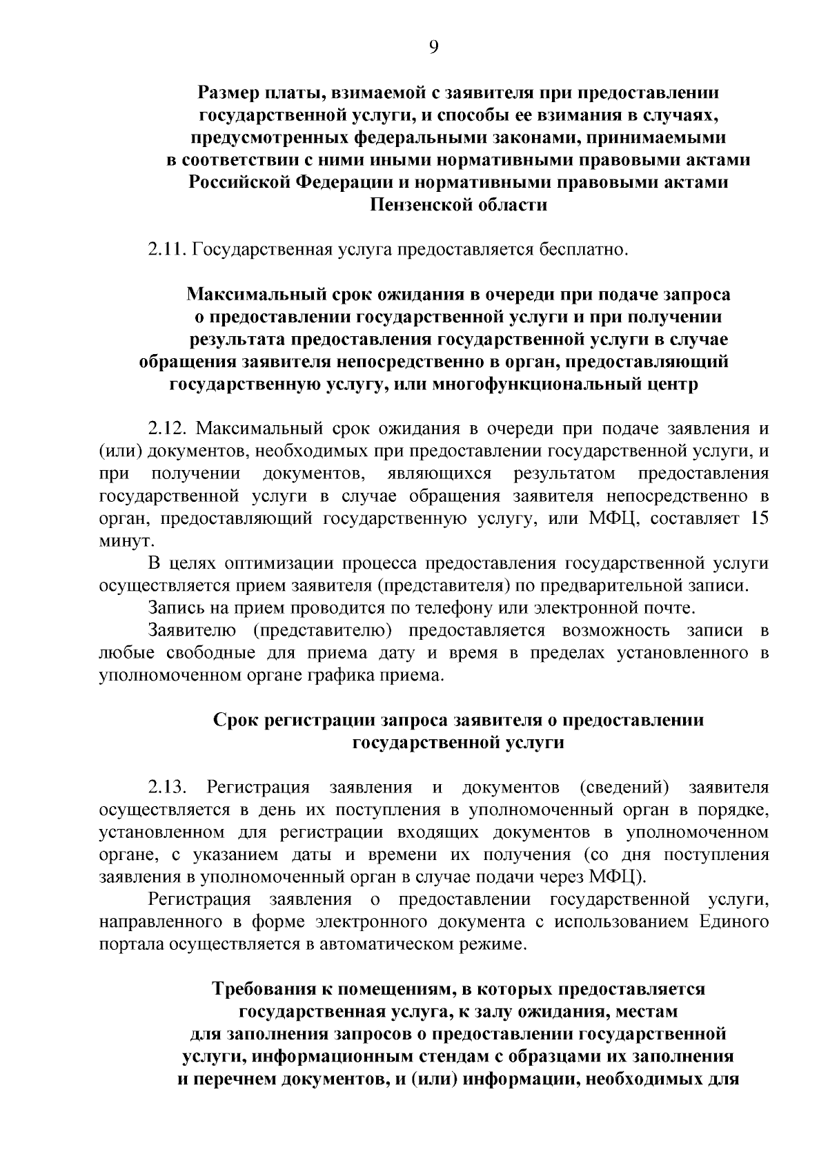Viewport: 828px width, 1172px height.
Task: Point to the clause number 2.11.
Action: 166,248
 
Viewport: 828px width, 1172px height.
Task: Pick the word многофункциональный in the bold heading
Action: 524,384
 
